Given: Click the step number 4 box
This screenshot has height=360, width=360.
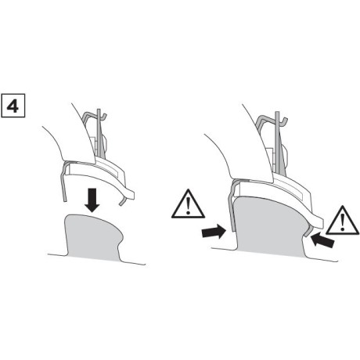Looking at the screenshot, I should [14, 103].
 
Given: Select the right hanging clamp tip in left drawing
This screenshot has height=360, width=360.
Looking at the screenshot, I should [122, 203].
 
